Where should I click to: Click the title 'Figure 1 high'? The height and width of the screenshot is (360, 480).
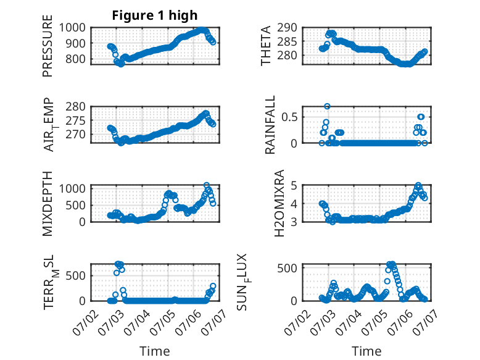[x=155, y=15]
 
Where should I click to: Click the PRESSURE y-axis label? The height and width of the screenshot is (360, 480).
[x=48, y=46]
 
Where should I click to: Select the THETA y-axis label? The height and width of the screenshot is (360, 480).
[x=266, y=46]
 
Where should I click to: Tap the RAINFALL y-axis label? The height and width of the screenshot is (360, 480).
[x=270, y=125]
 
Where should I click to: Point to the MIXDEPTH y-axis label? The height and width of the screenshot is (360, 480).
[x=48, y=204]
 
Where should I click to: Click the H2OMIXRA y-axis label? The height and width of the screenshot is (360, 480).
[x=279, y=203]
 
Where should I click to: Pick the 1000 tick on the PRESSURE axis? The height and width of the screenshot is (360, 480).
[x=72, y=28]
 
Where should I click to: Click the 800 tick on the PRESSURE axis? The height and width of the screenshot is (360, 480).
[x=75, y=59]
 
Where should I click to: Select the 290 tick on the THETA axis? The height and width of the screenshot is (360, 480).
[x=287, y=28]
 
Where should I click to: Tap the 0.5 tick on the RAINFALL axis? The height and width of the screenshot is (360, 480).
[x=289, y=117]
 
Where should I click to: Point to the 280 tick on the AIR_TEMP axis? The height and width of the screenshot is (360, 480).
[x=75, y=107]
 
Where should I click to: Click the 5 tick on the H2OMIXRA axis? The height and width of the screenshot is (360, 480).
[x=294, y=185]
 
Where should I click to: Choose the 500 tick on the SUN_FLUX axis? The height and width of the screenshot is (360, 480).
[x=287, y=268]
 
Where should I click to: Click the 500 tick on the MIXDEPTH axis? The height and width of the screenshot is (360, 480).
[x=75, y=205]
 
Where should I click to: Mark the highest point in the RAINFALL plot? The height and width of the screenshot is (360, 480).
[x=327, y=106]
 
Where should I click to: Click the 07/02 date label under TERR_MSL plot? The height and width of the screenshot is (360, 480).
[x=86, y=322]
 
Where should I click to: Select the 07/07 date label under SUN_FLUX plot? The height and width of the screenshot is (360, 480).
[x=424, y=322]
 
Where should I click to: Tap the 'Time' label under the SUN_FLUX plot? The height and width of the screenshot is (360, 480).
[x=366, y=351]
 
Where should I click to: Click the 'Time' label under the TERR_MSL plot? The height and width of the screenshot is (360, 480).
[x=155, y=351]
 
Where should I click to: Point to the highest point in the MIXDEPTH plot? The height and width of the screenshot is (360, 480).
[x=207, y=185]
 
